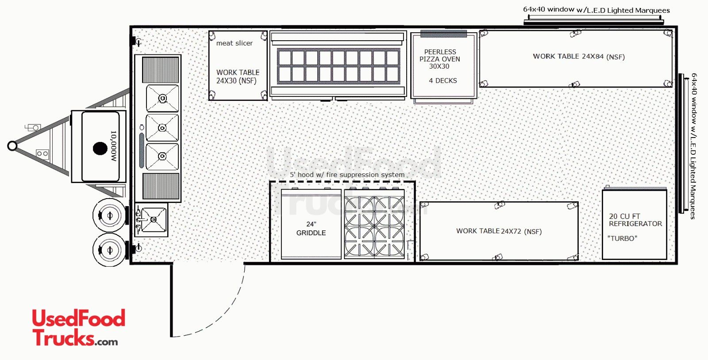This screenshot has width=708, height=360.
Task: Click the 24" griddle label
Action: (x=311, y=228)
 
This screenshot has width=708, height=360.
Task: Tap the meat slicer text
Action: (x=234, y=43)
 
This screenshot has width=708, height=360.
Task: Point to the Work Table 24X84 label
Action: (x=579, y=57)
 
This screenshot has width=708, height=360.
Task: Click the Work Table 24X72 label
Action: (x=499, y=231)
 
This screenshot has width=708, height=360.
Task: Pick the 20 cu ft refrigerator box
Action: (x=635, y=225)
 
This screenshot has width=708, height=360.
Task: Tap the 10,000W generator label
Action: (x=113, y=146)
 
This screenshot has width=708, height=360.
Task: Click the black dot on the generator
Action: (x=100, y=149)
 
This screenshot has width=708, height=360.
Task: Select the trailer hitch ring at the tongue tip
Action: (x=12, y=146)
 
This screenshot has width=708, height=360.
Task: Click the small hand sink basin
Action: (x=153, y=219)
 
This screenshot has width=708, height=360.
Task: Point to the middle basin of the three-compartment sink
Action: (x=162, y=128)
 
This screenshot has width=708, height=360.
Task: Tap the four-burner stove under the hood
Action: (x=374, y=225)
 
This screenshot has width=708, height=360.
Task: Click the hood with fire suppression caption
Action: (x=347, y=175)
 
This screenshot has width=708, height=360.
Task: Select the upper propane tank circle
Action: (x=110, y=215)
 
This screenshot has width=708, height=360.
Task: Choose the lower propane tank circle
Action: (x=110, y=250)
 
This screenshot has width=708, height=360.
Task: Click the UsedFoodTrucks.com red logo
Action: (x=78, y=327)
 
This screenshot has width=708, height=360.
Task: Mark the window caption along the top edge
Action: (x=596, y=10)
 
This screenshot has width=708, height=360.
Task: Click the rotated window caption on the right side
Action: (x=693, y=146)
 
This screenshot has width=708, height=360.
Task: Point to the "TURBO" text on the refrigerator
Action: (x=622, y=238)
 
